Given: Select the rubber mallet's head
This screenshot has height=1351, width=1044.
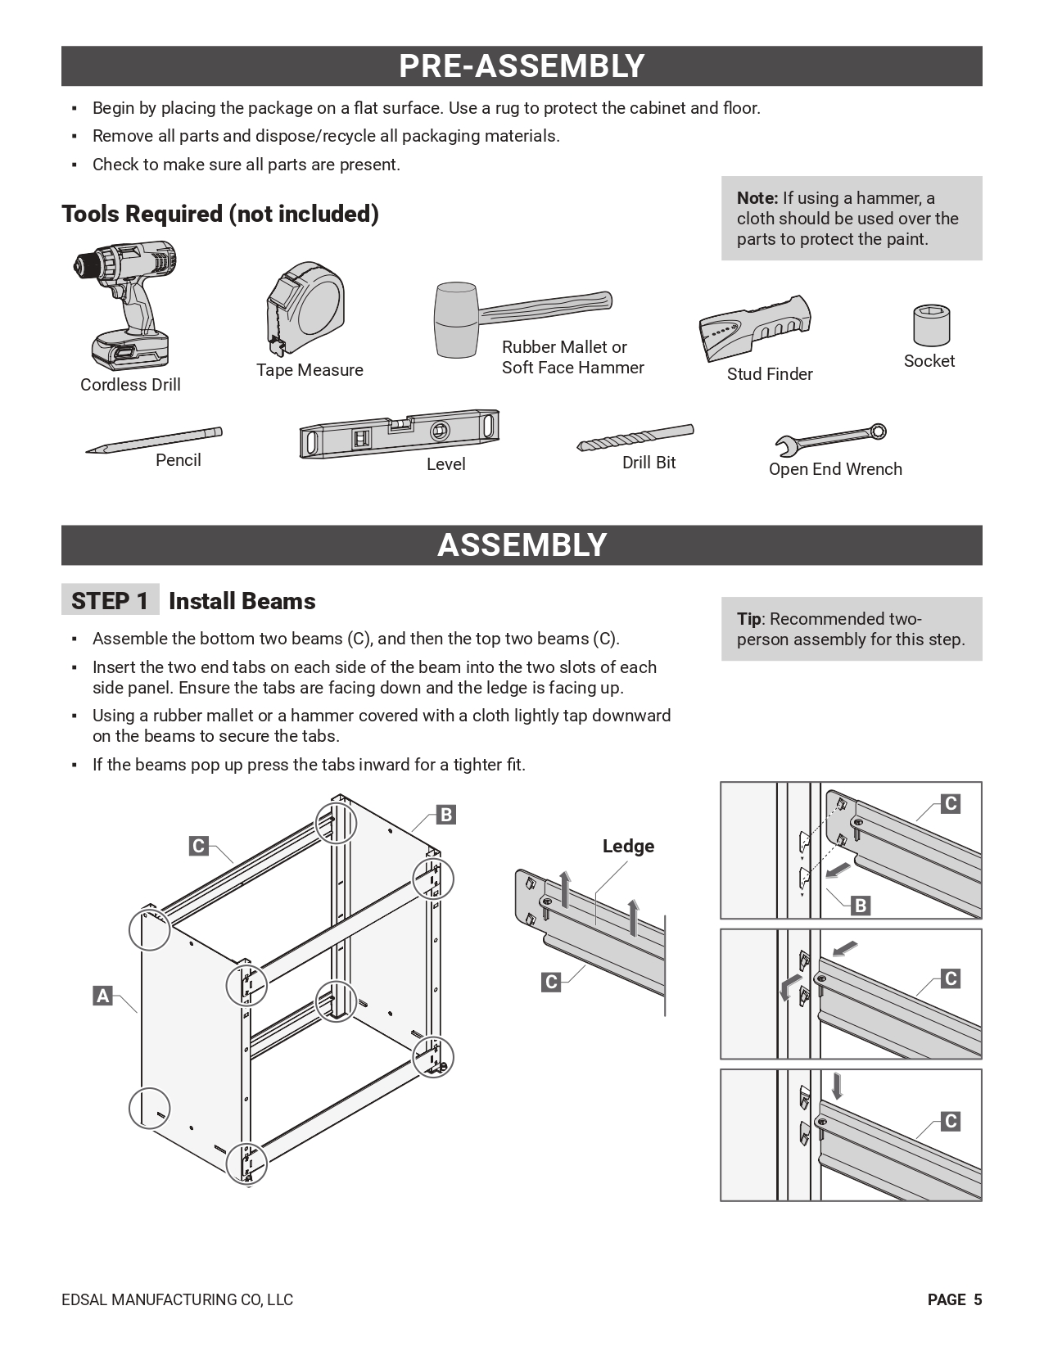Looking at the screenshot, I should tap(455, 319).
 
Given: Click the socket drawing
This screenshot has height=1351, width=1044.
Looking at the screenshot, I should tap(931, 325).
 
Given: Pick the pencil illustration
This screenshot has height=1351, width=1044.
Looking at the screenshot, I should tap(154, 440).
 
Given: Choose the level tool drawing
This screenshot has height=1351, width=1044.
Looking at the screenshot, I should tap(399, 433).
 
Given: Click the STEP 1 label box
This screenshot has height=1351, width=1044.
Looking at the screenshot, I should tap(110, 601).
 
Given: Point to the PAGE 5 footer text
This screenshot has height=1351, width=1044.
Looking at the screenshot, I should tap(954, 1299).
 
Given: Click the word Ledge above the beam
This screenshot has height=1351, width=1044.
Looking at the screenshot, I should tap(628, 846).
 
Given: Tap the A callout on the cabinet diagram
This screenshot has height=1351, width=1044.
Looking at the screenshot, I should tap(102, 996).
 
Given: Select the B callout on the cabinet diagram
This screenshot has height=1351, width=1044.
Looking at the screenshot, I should tap(446, 815).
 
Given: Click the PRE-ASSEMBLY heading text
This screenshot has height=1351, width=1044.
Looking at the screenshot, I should tap(522, 66).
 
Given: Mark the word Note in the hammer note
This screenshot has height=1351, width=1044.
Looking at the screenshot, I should tap(757, 198).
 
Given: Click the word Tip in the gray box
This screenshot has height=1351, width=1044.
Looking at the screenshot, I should tap(748, 619).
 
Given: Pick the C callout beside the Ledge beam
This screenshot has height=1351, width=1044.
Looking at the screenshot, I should tap(551, 982).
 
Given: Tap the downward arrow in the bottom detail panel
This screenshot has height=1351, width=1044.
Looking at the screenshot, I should tap(836, 1087).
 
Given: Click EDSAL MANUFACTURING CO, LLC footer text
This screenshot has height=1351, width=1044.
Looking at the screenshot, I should tap(177, 1299).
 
